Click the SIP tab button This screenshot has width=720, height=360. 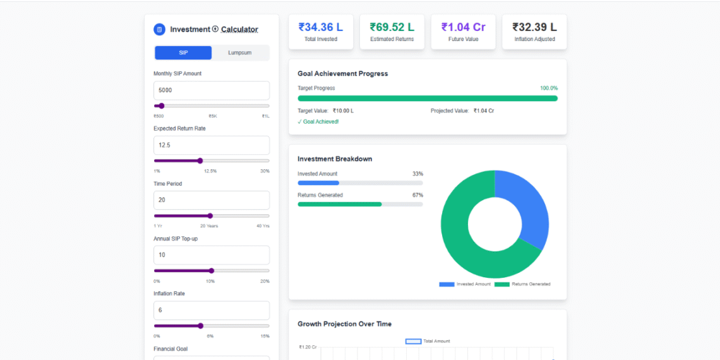[183, 53]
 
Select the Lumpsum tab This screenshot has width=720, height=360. [240, 53]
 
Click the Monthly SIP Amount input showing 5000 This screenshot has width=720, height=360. [212, 90]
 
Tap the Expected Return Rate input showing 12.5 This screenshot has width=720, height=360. [212, 145]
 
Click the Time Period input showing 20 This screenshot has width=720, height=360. [212, 200]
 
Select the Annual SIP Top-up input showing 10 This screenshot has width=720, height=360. [212, 255]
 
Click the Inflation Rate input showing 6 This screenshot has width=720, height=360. [212, 310]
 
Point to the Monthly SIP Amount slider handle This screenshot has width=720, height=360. [162, 106]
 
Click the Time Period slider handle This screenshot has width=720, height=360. [210, 216]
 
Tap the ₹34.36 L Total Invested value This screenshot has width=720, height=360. [321, 27]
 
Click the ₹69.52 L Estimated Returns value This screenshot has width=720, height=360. [392, 27]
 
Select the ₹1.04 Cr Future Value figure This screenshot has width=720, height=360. [463, 27]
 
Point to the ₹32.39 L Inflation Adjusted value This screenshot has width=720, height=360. [534, 27]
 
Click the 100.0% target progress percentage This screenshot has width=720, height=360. [549, 88]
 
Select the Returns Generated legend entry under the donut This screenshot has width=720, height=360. [522, 284]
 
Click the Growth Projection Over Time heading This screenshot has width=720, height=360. [344, 324]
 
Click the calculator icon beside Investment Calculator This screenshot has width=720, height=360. [160, 30]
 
